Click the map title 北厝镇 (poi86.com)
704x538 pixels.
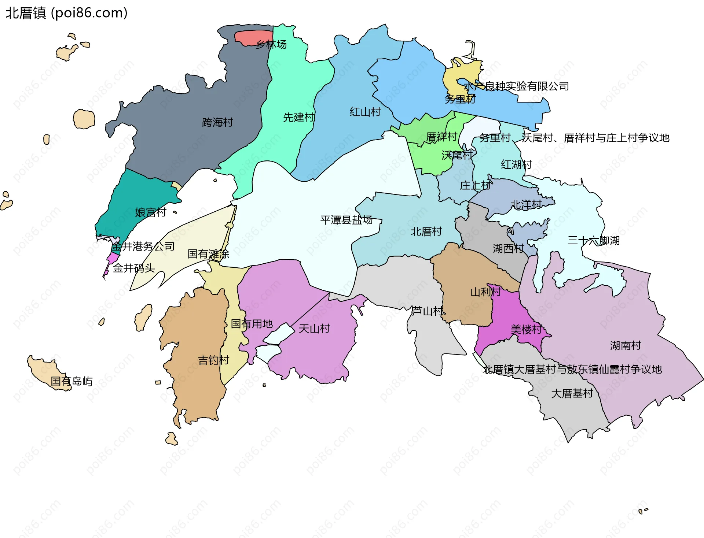point(66,13)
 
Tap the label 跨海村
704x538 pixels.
point(217,122)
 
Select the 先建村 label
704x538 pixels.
point(299,117)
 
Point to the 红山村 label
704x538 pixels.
point(365,112)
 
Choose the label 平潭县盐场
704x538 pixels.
point(346,220)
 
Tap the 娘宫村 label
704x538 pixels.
point(150,212)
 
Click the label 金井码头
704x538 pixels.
point(134,268)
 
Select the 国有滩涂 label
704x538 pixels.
point(208,254)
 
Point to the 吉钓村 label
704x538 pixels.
point(213,360)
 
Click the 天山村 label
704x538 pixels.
point(314,329)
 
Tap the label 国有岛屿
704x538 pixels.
point(71,381)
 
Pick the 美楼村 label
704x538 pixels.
point(526,329)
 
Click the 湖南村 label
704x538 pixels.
point(626,345)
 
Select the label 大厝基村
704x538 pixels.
point(572,393)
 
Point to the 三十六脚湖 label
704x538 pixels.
point(593,241)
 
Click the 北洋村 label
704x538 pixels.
point(526,205)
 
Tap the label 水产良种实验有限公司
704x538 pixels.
point(516,86)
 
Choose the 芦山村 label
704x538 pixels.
point(427,311)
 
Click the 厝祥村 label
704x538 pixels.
point(441,137)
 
